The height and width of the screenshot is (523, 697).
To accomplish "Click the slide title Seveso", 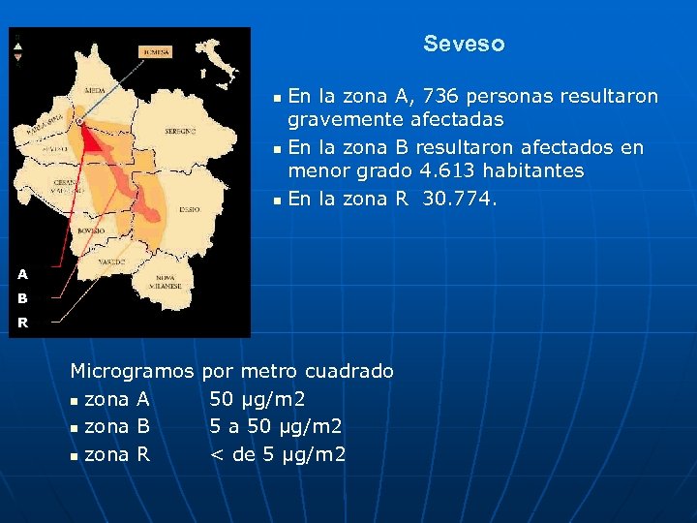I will tap(464, 45).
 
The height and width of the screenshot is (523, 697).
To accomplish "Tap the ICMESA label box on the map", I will tap(156, 51).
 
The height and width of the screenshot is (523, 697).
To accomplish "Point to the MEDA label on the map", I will tap(96, 90).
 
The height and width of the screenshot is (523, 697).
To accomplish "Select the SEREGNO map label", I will tap(180, 130).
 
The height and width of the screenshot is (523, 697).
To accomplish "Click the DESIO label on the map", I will tap(190, 208).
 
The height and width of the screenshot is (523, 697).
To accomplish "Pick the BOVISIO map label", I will tap(93, 231).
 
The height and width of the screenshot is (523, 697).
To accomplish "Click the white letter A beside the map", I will tap(22, 274).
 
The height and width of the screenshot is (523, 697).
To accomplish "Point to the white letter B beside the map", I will tap(22, 298).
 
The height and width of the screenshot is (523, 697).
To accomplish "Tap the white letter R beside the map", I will tap(22, 323).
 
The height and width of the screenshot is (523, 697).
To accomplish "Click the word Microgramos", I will tap(133, 371).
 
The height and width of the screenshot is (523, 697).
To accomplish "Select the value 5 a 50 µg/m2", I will tap(276, 426).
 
